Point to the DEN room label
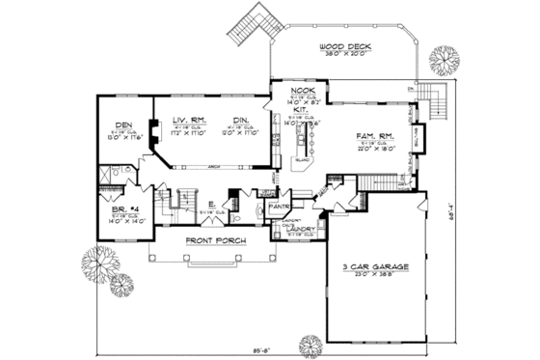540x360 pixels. [122, 125]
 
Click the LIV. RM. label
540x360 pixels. [188, 120]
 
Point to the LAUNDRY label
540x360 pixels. [292, 229]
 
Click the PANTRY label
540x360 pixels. [281, 206]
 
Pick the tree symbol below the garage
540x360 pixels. [312, 345]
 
